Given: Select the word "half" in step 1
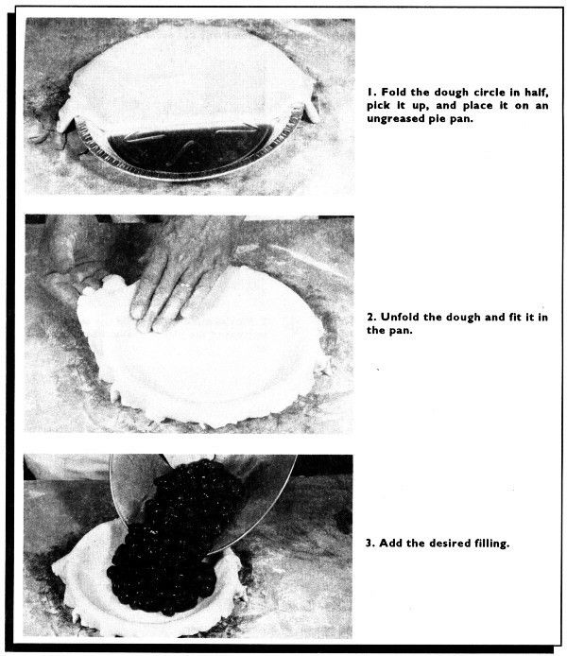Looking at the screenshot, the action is [x=537, y=93].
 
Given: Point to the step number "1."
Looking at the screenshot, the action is [x=372, y=92].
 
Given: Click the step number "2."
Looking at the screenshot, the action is [x=371, y=317].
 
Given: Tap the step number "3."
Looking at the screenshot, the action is [x=370, y=543].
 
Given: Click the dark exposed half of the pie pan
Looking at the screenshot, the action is [x=190, y=150].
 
